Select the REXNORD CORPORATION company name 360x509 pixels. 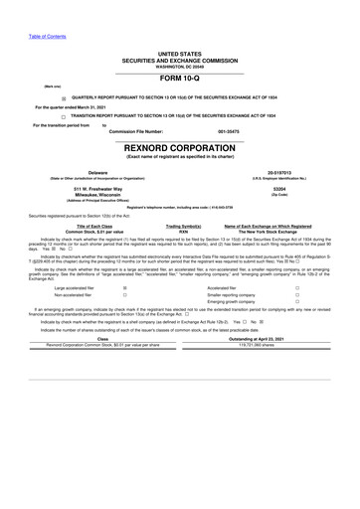(x=179, y=148)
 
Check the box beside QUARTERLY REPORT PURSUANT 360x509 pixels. (x=65, y=98)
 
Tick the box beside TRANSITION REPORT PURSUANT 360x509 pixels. (x=65, y=116)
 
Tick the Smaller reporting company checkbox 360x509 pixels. (x=297, y=295)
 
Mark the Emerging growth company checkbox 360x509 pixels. (x=297, y=302)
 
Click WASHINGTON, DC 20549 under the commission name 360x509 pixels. (x=179, y=66)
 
